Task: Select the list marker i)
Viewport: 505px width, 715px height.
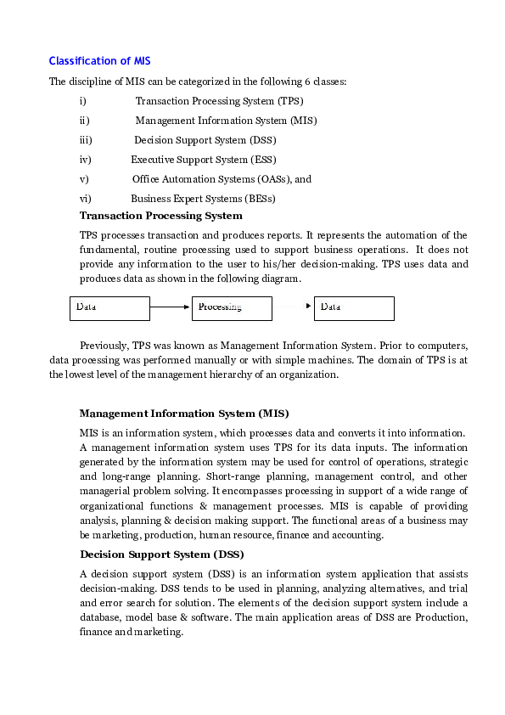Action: [83, 101]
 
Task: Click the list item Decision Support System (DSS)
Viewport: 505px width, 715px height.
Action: [205, 140]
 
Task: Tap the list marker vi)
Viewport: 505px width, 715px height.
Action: [85, 199]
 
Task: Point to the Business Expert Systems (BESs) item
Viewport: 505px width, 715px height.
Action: [203, 199]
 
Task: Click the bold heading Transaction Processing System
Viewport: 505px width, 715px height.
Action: [160, 216]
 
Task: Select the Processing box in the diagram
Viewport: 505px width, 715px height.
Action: [232, 307]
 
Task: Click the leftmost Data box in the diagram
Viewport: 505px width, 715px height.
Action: [109, 307]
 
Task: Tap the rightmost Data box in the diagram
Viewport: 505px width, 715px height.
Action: [354, 307]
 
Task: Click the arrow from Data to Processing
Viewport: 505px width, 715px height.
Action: [171, 307]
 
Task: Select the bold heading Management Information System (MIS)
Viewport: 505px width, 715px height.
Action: [183, 414]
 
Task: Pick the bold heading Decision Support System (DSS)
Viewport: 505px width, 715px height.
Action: [160, 555]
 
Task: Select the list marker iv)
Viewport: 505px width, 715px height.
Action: [85, 160]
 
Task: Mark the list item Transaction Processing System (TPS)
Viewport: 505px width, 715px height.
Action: [213, 101]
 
